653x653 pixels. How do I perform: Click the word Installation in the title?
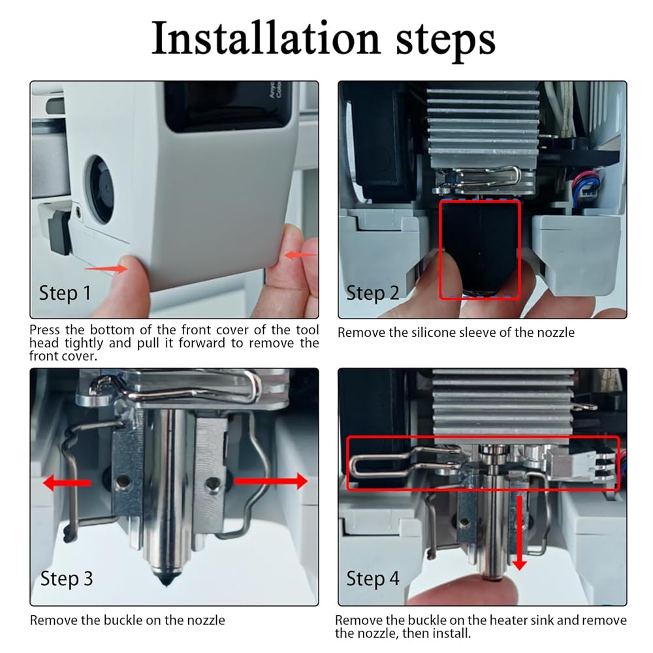266,38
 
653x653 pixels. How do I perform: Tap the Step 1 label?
65,293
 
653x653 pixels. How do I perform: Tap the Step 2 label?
373,293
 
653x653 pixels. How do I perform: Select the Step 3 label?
67,579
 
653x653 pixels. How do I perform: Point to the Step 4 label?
373,579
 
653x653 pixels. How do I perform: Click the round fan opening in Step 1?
100,190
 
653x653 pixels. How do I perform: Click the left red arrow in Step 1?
106,268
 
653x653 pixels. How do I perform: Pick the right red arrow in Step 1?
300,255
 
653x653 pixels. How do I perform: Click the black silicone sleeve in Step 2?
480,247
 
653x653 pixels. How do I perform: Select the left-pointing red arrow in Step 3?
67,483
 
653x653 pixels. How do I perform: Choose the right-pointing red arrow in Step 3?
271,481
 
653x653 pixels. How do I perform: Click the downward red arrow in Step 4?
519,533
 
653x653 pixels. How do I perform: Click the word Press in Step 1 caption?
45,329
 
